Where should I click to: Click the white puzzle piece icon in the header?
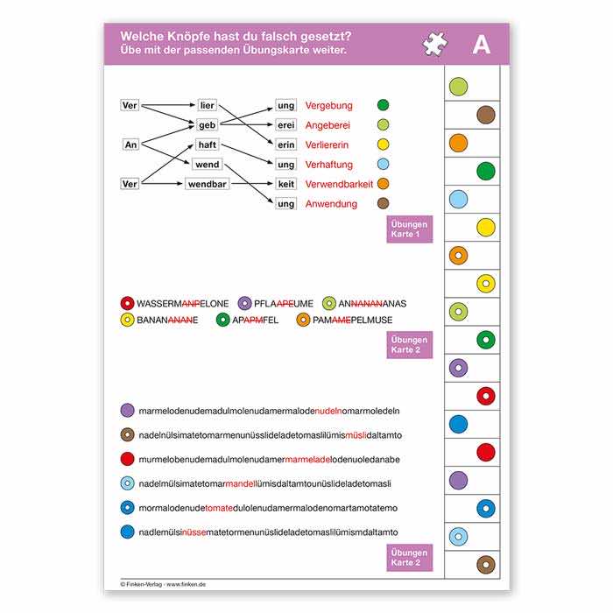point(434,45)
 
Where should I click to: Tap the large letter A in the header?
point(481,46)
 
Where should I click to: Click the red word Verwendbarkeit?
point(339,184)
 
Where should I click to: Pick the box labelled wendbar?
point(208,184)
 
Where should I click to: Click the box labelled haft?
point(207,144)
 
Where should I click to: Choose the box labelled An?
point(131,144)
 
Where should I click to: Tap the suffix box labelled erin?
point(285,144)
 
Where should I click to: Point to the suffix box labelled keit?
point(285,184)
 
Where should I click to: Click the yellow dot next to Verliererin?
point(383,144)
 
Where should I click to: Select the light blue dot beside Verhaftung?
point(383,164)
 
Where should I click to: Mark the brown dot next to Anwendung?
point(383,203)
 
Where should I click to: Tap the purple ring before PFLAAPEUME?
point(244,304)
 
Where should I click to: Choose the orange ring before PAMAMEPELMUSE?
point(303,320)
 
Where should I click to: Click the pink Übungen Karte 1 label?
point(410,229)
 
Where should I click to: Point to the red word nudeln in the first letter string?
point(328,411)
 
